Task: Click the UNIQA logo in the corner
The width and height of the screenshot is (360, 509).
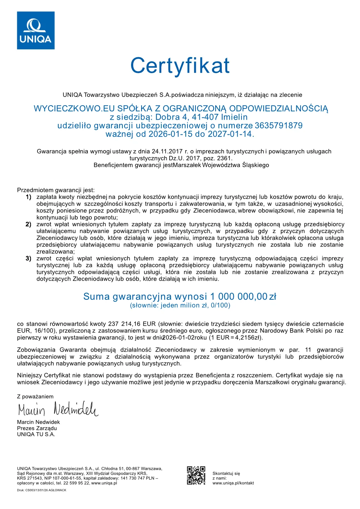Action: tap(36, 30)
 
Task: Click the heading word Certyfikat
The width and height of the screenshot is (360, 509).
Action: tap(180, 66)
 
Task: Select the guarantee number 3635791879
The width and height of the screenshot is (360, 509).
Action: tap(279, 126)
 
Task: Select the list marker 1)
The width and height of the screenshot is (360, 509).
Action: tap(28, 197)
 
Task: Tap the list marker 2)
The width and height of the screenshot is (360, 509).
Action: tap(28, 224)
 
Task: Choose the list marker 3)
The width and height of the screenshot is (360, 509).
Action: tap(28, 259)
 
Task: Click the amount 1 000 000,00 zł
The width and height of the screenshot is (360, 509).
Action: tap(243, 296)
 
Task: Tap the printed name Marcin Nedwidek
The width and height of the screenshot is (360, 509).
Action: tap(39, 422)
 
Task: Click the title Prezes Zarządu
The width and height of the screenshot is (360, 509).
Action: tap(37, 428)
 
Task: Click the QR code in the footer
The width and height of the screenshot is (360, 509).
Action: tap(196, 475)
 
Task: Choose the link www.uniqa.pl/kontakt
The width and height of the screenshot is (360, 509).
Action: tap(233, 483)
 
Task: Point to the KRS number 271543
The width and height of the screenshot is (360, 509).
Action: tap(35, 478)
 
